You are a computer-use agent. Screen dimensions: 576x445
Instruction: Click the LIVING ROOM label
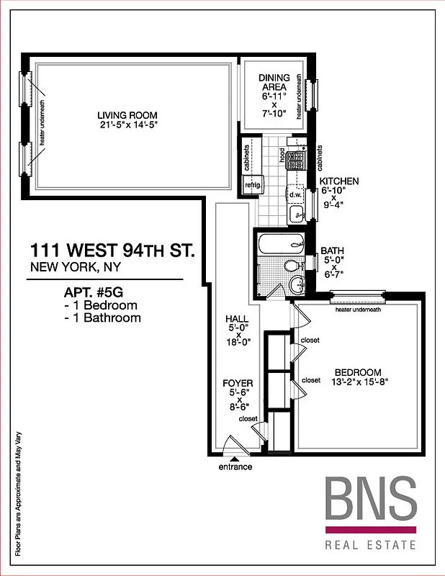tap(127, 115)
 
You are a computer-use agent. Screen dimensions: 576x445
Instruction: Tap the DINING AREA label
tap(274, 83)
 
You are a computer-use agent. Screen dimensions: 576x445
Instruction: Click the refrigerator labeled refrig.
tap(252, 185)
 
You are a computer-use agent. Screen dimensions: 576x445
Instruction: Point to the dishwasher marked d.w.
tap(295, 194)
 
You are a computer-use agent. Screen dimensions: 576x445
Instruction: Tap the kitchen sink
tap(296, 213)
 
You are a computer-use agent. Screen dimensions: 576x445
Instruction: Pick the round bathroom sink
tap(297, 284)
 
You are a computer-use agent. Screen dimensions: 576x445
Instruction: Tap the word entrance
tap(235, 467)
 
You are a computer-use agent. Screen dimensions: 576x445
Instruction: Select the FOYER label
tap(238, 384)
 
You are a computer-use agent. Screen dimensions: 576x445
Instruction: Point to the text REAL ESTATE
tap(370, 545)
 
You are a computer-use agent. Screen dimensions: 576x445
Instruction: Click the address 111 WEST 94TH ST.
tap(112, 251)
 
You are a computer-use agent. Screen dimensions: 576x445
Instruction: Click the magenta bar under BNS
tap(370, 529)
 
